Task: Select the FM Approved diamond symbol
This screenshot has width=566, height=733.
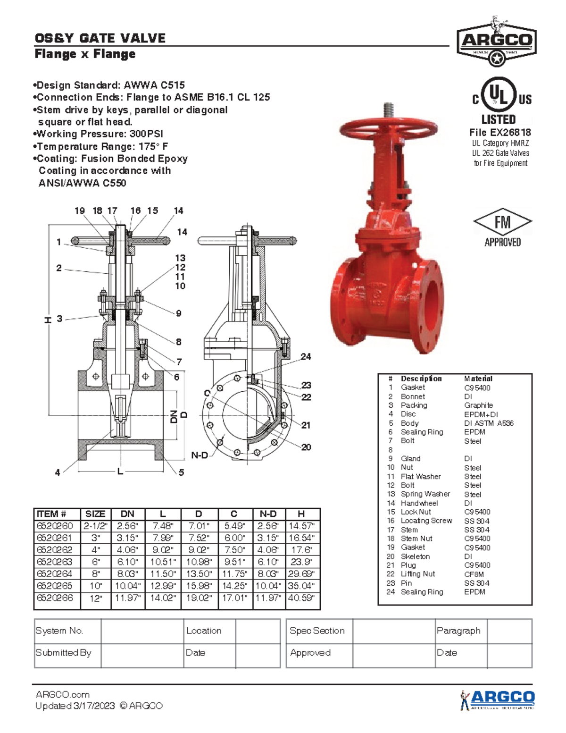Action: [502, 222]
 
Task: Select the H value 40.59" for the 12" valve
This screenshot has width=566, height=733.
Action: [301, 598]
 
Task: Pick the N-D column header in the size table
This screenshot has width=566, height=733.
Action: [268, 514]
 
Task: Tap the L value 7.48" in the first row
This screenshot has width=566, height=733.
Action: [163, 526]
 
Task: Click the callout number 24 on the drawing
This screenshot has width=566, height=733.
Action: [306, 357]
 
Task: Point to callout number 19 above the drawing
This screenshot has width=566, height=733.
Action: [80, 211]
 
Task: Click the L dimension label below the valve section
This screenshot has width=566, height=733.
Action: [120, 471]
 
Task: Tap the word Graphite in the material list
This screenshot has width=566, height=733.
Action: [478, 405]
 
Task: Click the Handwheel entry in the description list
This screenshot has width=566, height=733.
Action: [419, 503]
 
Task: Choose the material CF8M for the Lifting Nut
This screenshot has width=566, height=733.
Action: [474, 574]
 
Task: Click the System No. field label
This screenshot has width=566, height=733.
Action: [59, 631]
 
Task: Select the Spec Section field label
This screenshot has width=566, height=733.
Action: [317, 631]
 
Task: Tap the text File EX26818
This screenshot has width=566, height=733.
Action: [500, 133]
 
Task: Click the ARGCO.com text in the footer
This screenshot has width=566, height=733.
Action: [63, 694]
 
